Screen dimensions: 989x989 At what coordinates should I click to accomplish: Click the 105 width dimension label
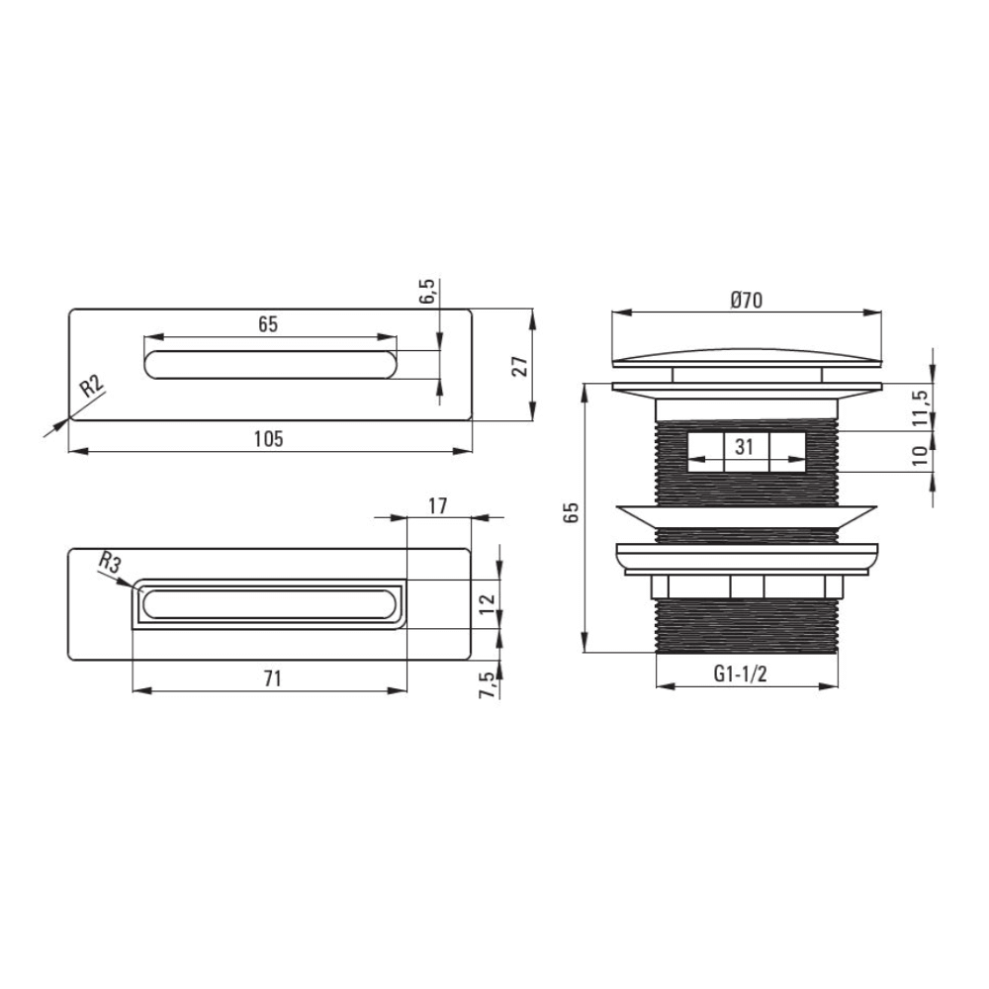(269, 438)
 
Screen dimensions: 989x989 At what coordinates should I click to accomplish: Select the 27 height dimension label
(520, 365)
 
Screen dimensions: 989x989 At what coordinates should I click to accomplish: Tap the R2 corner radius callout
(92, 386)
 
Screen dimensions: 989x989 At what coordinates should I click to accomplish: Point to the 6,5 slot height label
(427, 293)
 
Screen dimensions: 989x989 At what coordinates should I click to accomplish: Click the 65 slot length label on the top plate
(268, 323)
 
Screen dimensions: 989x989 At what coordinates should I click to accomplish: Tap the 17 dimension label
(438, 505)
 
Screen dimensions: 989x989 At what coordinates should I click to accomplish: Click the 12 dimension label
(486, 604)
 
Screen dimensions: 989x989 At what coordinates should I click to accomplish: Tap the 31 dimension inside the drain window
(745, 446)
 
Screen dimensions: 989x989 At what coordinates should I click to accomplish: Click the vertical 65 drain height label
(572, 511)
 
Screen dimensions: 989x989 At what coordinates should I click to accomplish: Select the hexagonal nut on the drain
(748, 586)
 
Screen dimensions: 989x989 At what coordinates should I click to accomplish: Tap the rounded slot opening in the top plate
(271, 364)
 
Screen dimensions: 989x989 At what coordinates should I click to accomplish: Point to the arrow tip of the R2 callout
(67, 420)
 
